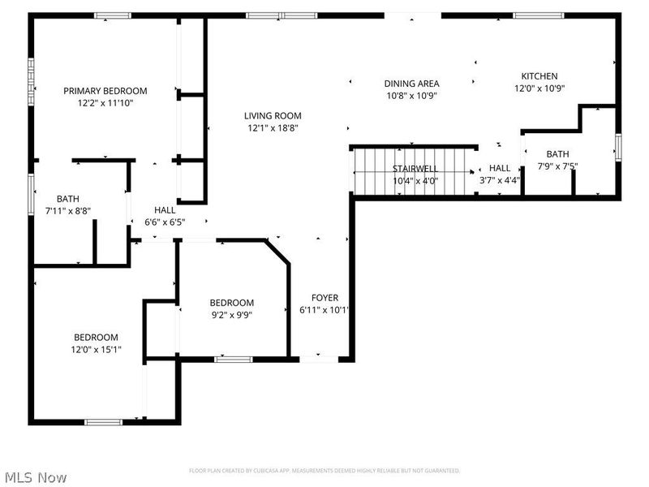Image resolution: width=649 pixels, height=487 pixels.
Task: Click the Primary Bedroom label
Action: pyautogui.click(x=105, y=91)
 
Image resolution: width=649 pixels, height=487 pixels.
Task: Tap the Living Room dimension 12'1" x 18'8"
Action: pyautogui.click(x=274, y=128)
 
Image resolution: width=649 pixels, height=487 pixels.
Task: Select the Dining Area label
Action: pyautogui.click(x=411, y=84)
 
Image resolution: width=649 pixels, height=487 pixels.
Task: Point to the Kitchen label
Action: pyautogui.click(x=539, y=76)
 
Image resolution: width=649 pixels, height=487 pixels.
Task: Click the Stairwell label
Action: pyautogui.click(x=415, y=168)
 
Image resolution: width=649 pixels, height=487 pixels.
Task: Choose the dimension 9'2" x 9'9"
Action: pyautogui.click(x=231, y=316)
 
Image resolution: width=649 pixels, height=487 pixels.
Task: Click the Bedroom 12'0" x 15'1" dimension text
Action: pyautogui.click(x=97, y=350)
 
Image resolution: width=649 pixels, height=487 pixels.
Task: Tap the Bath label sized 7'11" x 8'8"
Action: pyautogui.click(x=67, y=199)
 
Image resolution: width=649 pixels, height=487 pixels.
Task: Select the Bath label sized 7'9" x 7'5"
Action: pyautogui.click(x=557, y=154)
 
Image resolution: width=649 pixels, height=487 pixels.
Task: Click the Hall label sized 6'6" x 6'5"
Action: pyautogui.click(x=165, y=209)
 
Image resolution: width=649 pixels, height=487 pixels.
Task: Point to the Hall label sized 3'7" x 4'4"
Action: pyautogui.click(x=500, y=168)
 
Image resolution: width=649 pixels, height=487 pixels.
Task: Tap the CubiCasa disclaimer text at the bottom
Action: pyautogui.click(x=324, y=471)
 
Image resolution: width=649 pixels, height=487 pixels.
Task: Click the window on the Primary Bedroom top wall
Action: pyautogui.click(x=112, y=15)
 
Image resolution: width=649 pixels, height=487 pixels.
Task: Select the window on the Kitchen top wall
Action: pyautogui.click(x=539, y=15)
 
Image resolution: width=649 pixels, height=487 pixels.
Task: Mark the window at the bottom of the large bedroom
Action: pyautogui.click(x=104, y=421)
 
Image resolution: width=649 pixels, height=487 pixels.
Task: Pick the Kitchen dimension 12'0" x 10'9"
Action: pyautogui.click(x=539, y=88)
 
